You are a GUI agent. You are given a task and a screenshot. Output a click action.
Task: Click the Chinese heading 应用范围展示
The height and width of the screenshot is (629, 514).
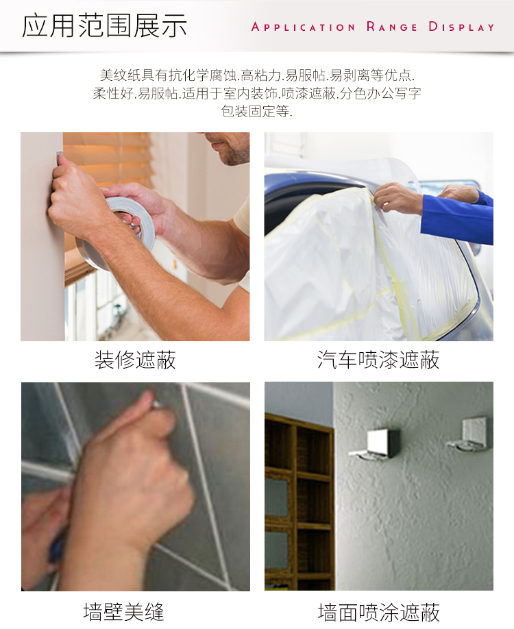click(x=104, y=25)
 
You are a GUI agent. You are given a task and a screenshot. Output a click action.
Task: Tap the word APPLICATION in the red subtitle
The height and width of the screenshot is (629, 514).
click(x=304, y=27)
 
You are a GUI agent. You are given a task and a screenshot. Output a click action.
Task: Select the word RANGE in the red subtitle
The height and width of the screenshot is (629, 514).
click(x=392, y=27)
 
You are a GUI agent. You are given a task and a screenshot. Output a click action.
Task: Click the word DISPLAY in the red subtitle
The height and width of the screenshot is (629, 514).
click(x=461, y=27)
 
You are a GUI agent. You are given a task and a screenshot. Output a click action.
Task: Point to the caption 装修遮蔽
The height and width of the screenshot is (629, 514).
click(x=135, y=360)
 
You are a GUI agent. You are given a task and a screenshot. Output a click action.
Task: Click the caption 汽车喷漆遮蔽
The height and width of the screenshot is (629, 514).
click(x=378, y=360)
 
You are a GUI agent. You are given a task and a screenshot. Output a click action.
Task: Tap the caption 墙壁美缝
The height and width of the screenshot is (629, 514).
click(x=124, y=612)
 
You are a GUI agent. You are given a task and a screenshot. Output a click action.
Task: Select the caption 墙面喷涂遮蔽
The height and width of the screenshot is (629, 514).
click(x=379, y=612)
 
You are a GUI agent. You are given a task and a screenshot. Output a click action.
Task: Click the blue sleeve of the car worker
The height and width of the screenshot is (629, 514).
click(x=457, y=219)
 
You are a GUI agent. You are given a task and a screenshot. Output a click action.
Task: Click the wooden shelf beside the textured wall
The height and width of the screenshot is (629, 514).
click(x=299, y=502)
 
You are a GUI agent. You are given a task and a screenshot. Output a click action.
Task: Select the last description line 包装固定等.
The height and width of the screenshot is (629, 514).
click(x=257, y=111)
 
